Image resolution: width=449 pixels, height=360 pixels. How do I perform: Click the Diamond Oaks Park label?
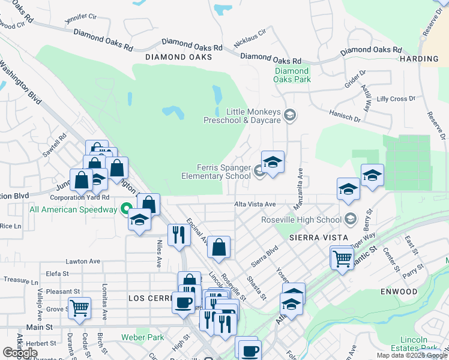292,75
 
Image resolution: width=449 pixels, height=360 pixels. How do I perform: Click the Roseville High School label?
301,220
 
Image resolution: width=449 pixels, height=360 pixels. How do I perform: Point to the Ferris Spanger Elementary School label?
216,172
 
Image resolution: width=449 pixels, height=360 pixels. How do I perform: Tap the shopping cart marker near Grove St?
79,308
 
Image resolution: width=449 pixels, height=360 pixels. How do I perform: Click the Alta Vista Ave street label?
255,205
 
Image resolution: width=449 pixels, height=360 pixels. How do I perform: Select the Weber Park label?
142,337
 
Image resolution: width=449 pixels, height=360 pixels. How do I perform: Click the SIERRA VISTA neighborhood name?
319,238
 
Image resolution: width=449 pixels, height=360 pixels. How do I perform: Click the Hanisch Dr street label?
345,116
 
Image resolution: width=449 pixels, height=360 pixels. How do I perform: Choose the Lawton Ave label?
83,262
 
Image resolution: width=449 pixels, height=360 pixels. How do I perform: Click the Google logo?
20,353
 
